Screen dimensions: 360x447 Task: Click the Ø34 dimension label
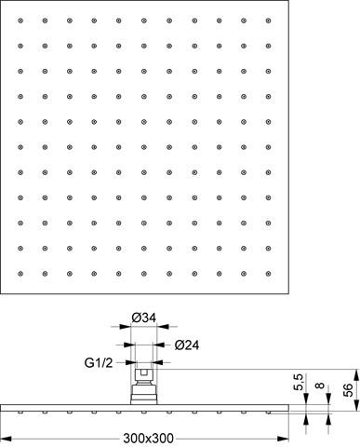coord(143,318)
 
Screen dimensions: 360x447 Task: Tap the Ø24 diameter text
coord(187,345)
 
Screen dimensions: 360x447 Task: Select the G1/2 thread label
coord(99,362)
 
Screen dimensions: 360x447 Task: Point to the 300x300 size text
coord(148,439)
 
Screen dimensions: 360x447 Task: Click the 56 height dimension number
coord(348,390)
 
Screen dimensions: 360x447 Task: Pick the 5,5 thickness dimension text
coord(298,382)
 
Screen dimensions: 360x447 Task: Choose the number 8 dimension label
coord(320,386)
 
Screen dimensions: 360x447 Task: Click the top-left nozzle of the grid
coord(20,20)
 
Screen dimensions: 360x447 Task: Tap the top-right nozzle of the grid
coord(268,20)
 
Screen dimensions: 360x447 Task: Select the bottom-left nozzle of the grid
coord(20,274)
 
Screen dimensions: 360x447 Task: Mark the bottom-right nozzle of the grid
coord(268,274)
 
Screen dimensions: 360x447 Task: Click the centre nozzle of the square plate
coord(144,147)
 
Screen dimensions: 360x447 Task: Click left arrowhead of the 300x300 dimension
coord(7,439)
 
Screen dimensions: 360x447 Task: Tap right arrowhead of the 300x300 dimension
coord(283,439)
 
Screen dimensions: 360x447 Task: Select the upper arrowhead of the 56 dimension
coord(356,374)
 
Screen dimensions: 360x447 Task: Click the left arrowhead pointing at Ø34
coord(126,327)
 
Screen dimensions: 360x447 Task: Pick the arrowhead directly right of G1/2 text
coord(131,362)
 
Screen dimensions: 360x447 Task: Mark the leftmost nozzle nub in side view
coord(20,413)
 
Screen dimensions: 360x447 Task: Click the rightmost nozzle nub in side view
coord(268,413)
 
